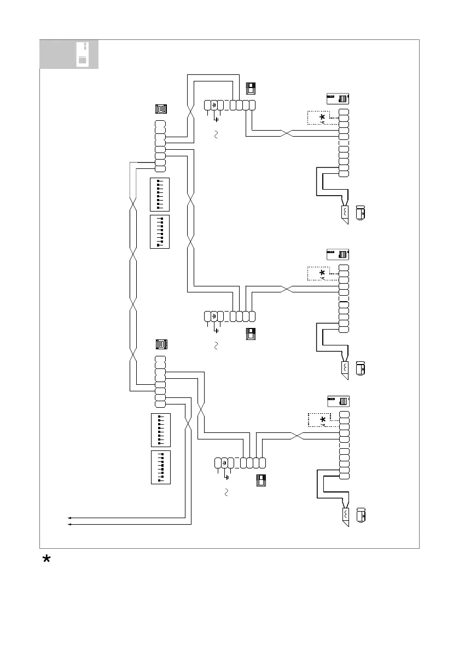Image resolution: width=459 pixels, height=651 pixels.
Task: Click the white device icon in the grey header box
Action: [83, 54]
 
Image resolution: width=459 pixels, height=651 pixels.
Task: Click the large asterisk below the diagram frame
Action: [48, 560]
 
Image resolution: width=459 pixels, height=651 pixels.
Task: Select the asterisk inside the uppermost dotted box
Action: [322, 118]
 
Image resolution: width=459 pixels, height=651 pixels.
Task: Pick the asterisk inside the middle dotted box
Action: [322, 273]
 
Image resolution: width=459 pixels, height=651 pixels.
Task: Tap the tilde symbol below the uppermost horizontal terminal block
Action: [216, 135]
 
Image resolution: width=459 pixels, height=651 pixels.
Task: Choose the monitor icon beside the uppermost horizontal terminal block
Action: [251, 89]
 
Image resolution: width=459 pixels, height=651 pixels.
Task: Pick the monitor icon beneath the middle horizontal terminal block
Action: [251, 334]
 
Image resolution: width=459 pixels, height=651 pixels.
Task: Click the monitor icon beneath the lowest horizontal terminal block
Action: [262, 481]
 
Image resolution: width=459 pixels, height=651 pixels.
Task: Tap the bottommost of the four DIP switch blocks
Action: [160, 467]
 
